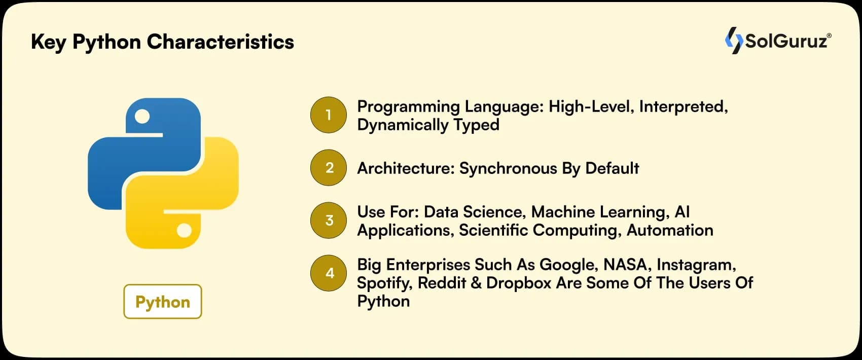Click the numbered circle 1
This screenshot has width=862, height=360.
pos(329,115)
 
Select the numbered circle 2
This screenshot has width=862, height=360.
pos(329,168)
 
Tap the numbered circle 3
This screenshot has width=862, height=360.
pos(329,221)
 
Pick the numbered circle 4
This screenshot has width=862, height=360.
pos(329,273)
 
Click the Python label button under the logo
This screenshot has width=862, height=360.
pos(163,302)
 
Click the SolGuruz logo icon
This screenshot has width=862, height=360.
pos(734,40)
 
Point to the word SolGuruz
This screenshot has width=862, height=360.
pos(786,41)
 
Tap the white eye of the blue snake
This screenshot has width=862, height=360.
pos(142,117)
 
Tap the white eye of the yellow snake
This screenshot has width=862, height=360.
pos(184,231)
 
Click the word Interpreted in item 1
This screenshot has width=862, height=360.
pos(683,106)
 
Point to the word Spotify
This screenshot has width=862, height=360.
pos(384,283)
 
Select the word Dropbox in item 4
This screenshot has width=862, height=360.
pos(518,283)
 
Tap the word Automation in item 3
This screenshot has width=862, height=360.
pos(670,230)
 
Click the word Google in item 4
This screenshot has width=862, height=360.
pos(568,265)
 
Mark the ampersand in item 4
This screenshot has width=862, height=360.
pos(476,283)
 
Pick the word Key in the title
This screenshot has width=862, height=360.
pos(49,42)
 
